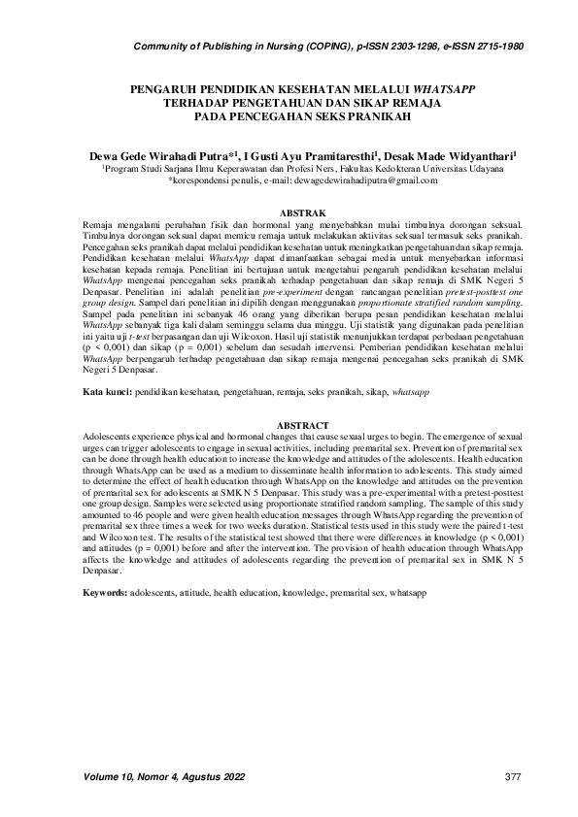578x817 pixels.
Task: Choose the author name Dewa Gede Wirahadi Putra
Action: pyautogui.click(x=154, y=154)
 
